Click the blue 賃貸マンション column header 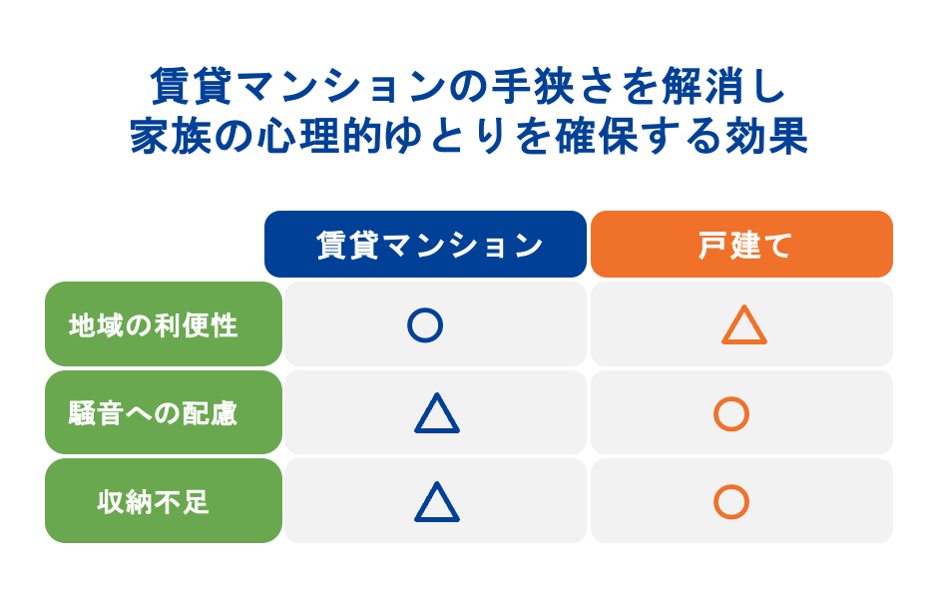(x=425, y=245)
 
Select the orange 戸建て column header (x=741, y=245)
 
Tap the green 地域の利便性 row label (x=164, y=324)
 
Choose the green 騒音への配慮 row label (x=164, y=412)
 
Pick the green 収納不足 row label (x=164, y=501)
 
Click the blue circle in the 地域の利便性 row (x=425, y=325)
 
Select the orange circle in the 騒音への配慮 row (x=731, y=413)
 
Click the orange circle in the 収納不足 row (x=731, y=501)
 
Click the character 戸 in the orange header (x=710, y=246)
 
